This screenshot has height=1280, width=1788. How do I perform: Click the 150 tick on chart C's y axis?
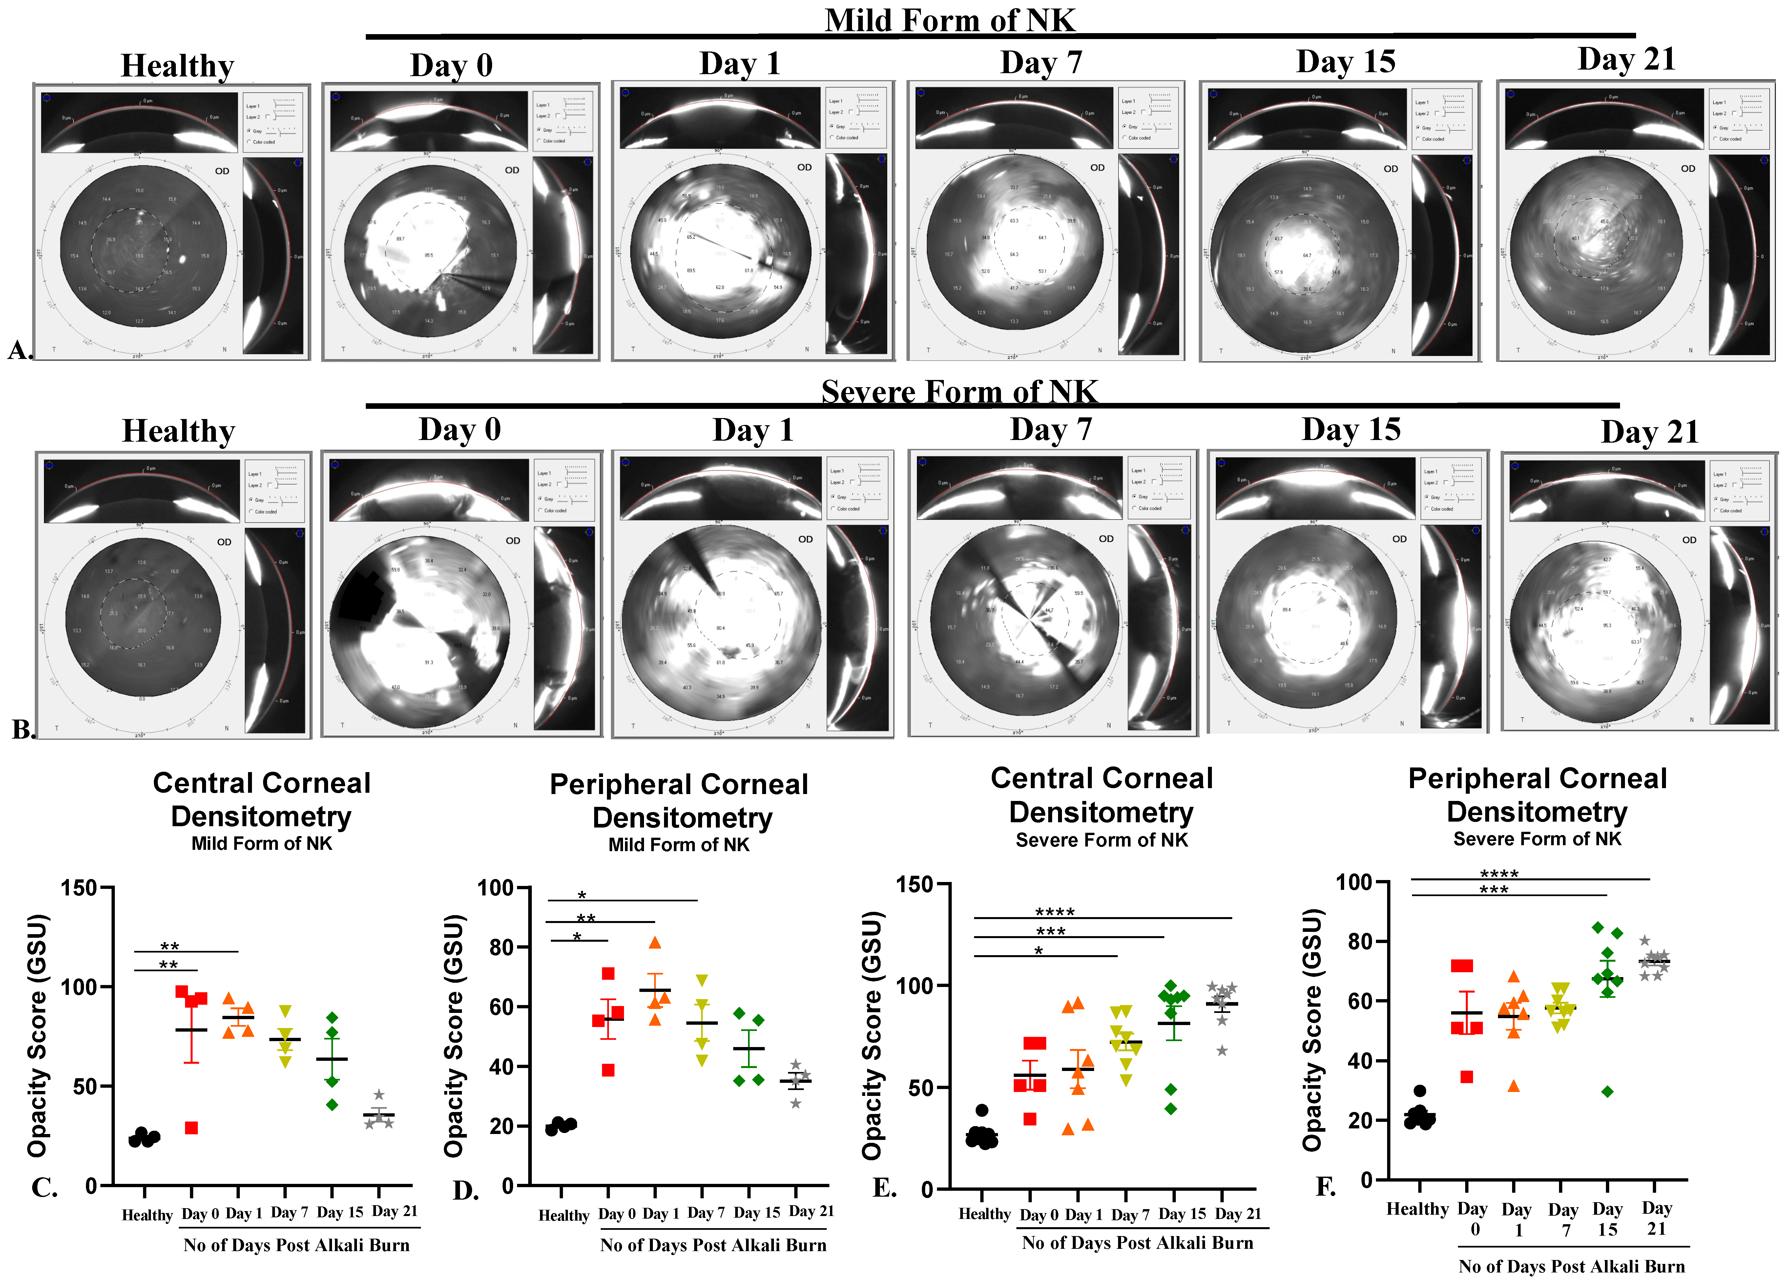tap(79, 888)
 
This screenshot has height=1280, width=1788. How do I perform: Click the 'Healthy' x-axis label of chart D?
tap(563, 1215)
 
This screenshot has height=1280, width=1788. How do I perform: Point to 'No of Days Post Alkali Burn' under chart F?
tap(1571, 1266)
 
